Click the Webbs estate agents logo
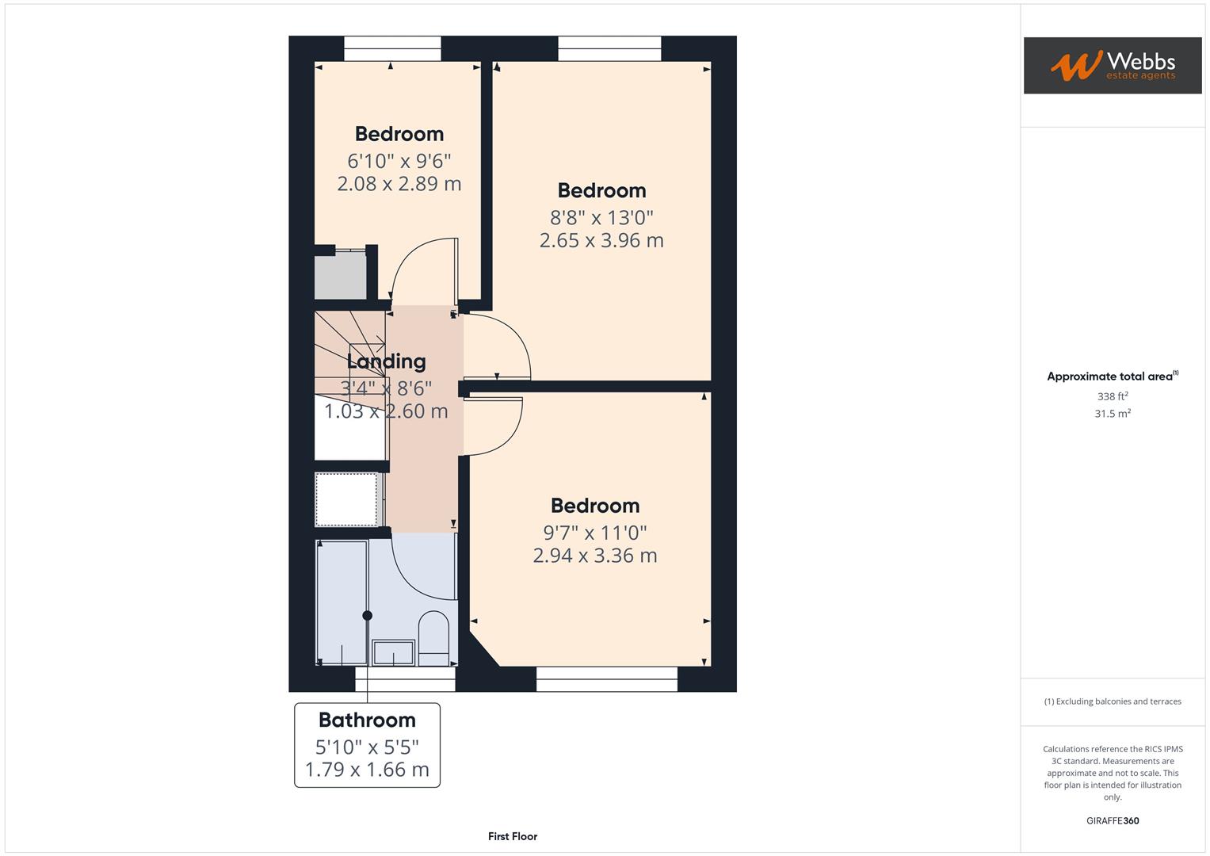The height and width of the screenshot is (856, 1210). [1112, 65]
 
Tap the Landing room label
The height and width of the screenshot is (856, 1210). [386, 361]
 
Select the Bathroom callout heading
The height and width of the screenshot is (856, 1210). [367, 720]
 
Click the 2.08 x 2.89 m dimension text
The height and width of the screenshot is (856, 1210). [399, 184]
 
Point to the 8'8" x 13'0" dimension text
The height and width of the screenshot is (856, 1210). [601, 217]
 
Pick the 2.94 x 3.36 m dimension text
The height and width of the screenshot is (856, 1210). [594, 556]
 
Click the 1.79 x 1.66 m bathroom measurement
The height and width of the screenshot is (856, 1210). [367, 770]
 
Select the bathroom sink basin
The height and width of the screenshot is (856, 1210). [393, 653]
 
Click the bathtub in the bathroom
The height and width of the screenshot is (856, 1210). [342, 602]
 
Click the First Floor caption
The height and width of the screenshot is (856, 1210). [513, 836]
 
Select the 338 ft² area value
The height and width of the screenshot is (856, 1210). [1112, 396]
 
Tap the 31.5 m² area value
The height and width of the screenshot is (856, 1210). [1112, 414]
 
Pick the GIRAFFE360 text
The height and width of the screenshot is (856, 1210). [1112, 821]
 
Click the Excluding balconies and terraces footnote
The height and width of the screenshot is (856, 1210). [1112, 701]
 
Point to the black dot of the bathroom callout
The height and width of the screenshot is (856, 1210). [367, 616]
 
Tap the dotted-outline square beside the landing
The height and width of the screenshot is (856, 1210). [346, 499]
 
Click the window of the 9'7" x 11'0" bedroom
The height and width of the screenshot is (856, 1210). [607, 679]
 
